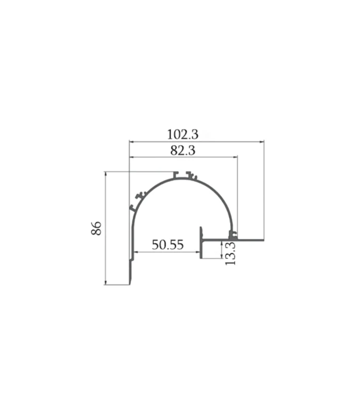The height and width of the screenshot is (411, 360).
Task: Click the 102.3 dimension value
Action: point(182,134)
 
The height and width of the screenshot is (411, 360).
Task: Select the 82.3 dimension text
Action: point(182,150)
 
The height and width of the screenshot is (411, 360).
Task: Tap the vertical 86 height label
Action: point(96,228)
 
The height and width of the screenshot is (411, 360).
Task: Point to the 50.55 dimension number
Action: point(168,245)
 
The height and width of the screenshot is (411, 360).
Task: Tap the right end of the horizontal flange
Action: point(263,239)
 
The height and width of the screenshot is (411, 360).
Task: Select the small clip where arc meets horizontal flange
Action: point(233,235)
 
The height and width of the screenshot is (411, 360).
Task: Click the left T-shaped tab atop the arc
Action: point(176,175)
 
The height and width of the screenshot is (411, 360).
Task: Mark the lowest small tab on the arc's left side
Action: point(131,208)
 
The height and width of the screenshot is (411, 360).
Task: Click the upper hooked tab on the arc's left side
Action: point(140,195)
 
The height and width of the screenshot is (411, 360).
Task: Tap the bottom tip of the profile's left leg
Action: point(130,283)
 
